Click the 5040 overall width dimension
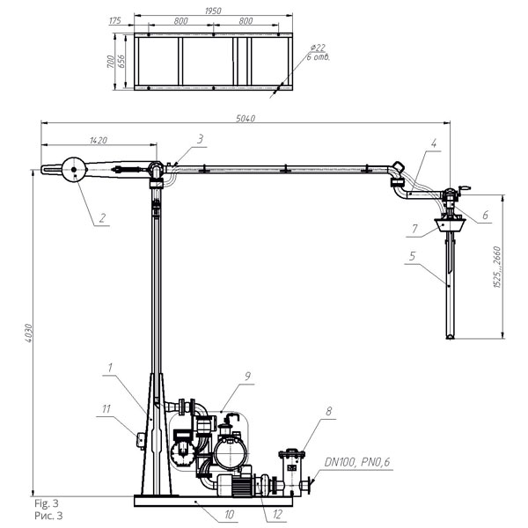[x=246, y=118]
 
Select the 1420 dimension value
[x=99, y=140]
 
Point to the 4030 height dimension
[x=28, y=334]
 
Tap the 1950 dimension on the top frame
[x=213, y=11]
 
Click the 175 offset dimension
[x=114, y=20]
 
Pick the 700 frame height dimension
[x=111, y=62]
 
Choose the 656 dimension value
[x=121, y=61]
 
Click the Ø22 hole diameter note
[x=318, y=48]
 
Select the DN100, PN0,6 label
[x=357, y=462]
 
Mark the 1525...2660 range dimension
[x=497, y=267]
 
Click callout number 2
[x=102, y=218]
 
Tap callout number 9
[x=247, y=376]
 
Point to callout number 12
[x=277, y=514]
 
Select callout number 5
[x=413, y=256]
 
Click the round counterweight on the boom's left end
[x=74, y=169]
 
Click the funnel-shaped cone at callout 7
[x=451, y=224]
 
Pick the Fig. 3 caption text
[x=47, y=503]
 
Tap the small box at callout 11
[x=141, y=441]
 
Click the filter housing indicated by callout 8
[x=291, y=472]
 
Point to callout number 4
[x=434, y=143]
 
